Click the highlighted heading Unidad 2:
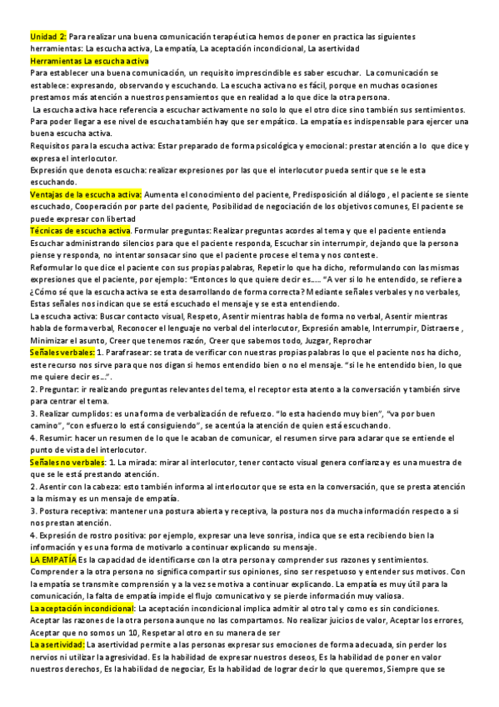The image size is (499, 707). coord(47,38)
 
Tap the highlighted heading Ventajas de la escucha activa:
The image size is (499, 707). coord(85,194)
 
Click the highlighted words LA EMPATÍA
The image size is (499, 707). coord(53,558)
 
